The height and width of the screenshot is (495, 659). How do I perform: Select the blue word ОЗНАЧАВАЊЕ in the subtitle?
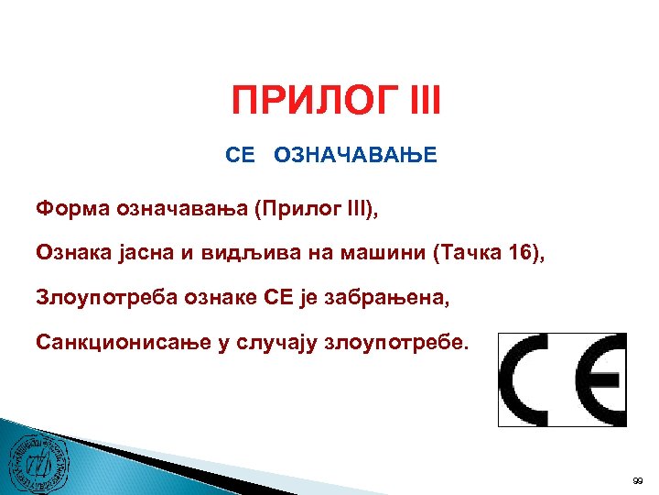(x=359, y=157)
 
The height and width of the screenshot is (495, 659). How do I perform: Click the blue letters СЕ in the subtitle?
(x=240, y=157)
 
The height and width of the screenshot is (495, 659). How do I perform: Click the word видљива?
(x=250, y=252)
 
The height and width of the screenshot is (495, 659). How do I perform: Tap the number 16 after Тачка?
(x=516, y=252)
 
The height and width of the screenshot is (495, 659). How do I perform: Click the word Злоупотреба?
(x=104, y=297)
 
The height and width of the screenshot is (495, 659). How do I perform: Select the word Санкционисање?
(x=118, y=342)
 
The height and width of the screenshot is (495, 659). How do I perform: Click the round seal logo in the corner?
(x=38, y=457)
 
